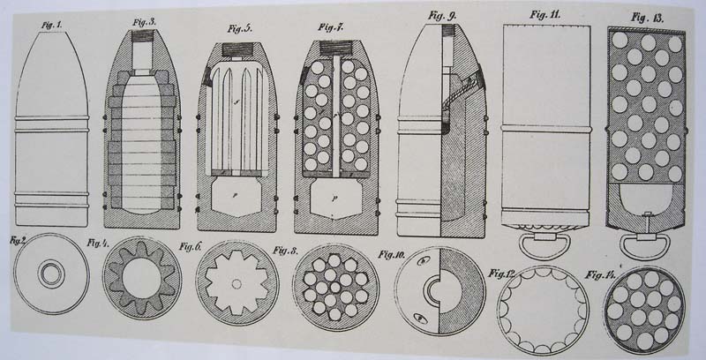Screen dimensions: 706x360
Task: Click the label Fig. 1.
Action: click(x=52, y=26)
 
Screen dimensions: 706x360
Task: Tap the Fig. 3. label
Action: click(x=144, y=22)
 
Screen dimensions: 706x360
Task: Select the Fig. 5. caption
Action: click(x=240, y=29)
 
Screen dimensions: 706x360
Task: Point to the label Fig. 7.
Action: click(x=331, y=27)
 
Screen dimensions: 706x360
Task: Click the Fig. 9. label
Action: click(x=442, y=16)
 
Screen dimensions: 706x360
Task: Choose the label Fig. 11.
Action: click(x=545, y=14)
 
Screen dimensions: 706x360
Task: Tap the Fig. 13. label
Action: click(x=647, y=18)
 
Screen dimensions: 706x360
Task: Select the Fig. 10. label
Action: click(x=393, y=255)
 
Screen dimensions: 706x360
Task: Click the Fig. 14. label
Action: click(x=600, y=275)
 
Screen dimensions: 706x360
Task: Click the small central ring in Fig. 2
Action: click(x=51, y=274)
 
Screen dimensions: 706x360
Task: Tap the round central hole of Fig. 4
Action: click(x=141, y=279)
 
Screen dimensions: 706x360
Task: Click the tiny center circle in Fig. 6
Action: click(x=237, y=283)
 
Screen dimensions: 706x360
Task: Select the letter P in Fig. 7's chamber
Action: click(x=334, y=199)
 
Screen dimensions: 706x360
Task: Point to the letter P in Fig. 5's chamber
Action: click(x=236, y=196)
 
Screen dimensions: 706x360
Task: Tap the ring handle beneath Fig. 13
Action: click(x=645, y=245)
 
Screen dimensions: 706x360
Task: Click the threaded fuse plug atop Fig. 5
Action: click(x=238, y=49)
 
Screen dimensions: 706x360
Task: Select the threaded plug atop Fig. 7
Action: click(x=336, y=48)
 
